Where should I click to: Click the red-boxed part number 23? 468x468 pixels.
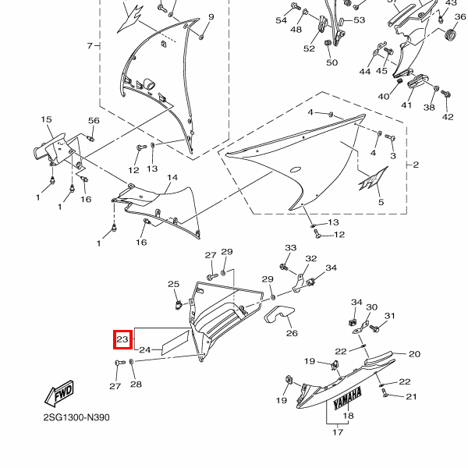(x=122, y=339)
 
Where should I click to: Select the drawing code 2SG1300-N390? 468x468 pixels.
(x=76, y=417)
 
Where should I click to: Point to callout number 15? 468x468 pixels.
(x=46, y=119)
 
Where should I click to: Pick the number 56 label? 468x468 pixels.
(x=94, y=121)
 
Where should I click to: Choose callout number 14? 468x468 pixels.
(x=172, y=178)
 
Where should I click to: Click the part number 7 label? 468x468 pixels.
(x=89, y=46)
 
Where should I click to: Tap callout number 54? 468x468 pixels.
(x=282, y=20)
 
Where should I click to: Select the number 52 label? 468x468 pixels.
(x=309, y=48)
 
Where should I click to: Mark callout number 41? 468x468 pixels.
(x=406, y=105)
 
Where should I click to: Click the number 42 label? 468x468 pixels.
(x=448, y=117)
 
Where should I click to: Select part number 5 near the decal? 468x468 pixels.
(x=381, y=202)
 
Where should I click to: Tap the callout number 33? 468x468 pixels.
(x=291, y=248)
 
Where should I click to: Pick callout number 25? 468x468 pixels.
(x=174, y=285)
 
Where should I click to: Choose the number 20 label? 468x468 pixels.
(x=414, y=354)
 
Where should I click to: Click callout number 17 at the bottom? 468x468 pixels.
(x=338, y=431)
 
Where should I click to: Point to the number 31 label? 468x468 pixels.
(x=390, y=316)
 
